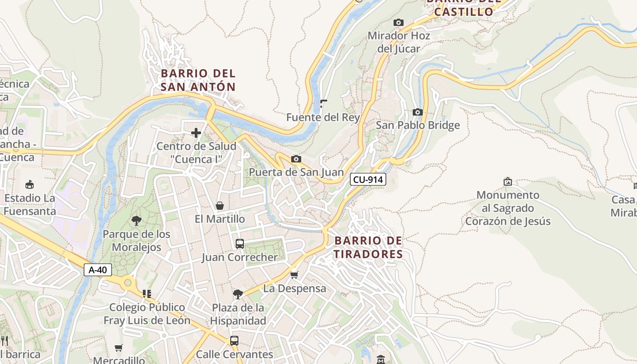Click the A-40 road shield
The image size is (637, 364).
98,270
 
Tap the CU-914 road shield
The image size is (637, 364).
368,180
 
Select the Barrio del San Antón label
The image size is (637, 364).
198,80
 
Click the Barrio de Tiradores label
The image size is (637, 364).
368,247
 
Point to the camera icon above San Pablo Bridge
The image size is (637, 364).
417,112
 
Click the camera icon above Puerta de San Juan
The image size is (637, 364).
296,159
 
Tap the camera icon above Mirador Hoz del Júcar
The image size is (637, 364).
399,22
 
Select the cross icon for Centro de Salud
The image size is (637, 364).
196,133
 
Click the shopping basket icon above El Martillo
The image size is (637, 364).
220,206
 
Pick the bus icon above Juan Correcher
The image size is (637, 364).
240,244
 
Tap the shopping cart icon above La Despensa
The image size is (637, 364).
294,275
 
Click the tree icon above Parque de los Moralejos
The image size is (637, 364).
136,221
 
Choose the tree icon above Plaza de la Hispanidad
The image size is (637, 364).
238,294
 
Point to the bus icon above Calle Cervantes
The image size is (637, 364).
234,340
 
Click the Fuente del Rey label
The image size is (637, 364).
323,117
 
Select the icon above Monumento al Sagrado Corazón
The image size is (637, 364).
508,182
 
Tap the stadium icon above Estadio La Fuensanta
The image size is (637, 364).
30,184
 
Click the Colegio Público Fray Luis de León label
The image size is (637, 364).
147,314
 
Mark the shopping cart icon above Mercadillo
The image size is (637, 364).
119,348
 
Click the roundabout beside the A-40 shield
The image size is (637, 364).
128,283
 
